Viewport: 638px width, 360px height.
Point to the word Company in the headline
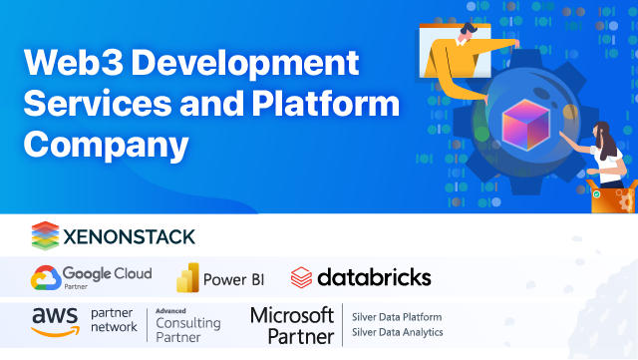(x=107, y=144)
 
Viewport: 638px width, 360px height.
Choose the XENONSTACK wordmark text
(x=129, y=236)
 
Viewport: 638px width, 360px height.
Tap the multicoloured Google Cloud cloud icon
(x=45, y=277)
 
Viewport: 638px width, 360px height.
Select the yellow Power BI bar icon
(x=188, y=277)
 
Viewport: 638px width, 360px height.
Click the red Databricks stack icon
(x=302, y=277)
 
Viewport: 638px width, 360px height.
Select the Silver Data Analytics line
(x=397, y=331)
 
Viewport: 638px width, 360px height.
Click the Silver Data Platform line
(x=397, y=316)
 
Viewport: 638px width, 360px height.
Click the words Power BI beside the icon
(x=233, y=278)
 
